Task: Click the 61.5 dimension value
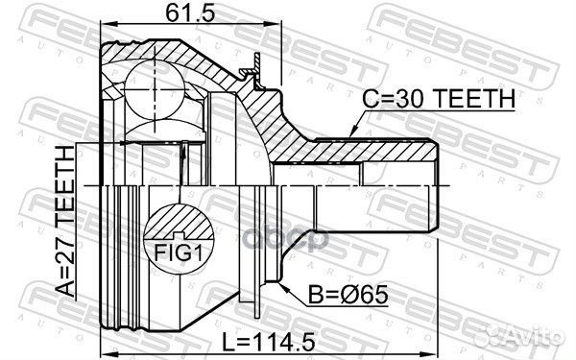[189, 12]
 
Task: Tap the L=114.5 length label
[269, 342]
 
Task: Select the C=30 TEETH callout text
[439, 98]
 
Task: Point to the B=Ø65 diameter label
[348, 295]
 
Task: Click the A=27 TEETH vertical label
[65, 221]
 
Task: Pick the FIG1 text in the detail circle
[179, 253]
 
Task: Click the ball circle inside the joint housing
[155, 89]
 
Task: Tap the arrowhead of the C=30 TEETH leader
[353, 132]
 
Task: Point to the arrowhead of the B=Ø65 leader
[283, 286]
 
